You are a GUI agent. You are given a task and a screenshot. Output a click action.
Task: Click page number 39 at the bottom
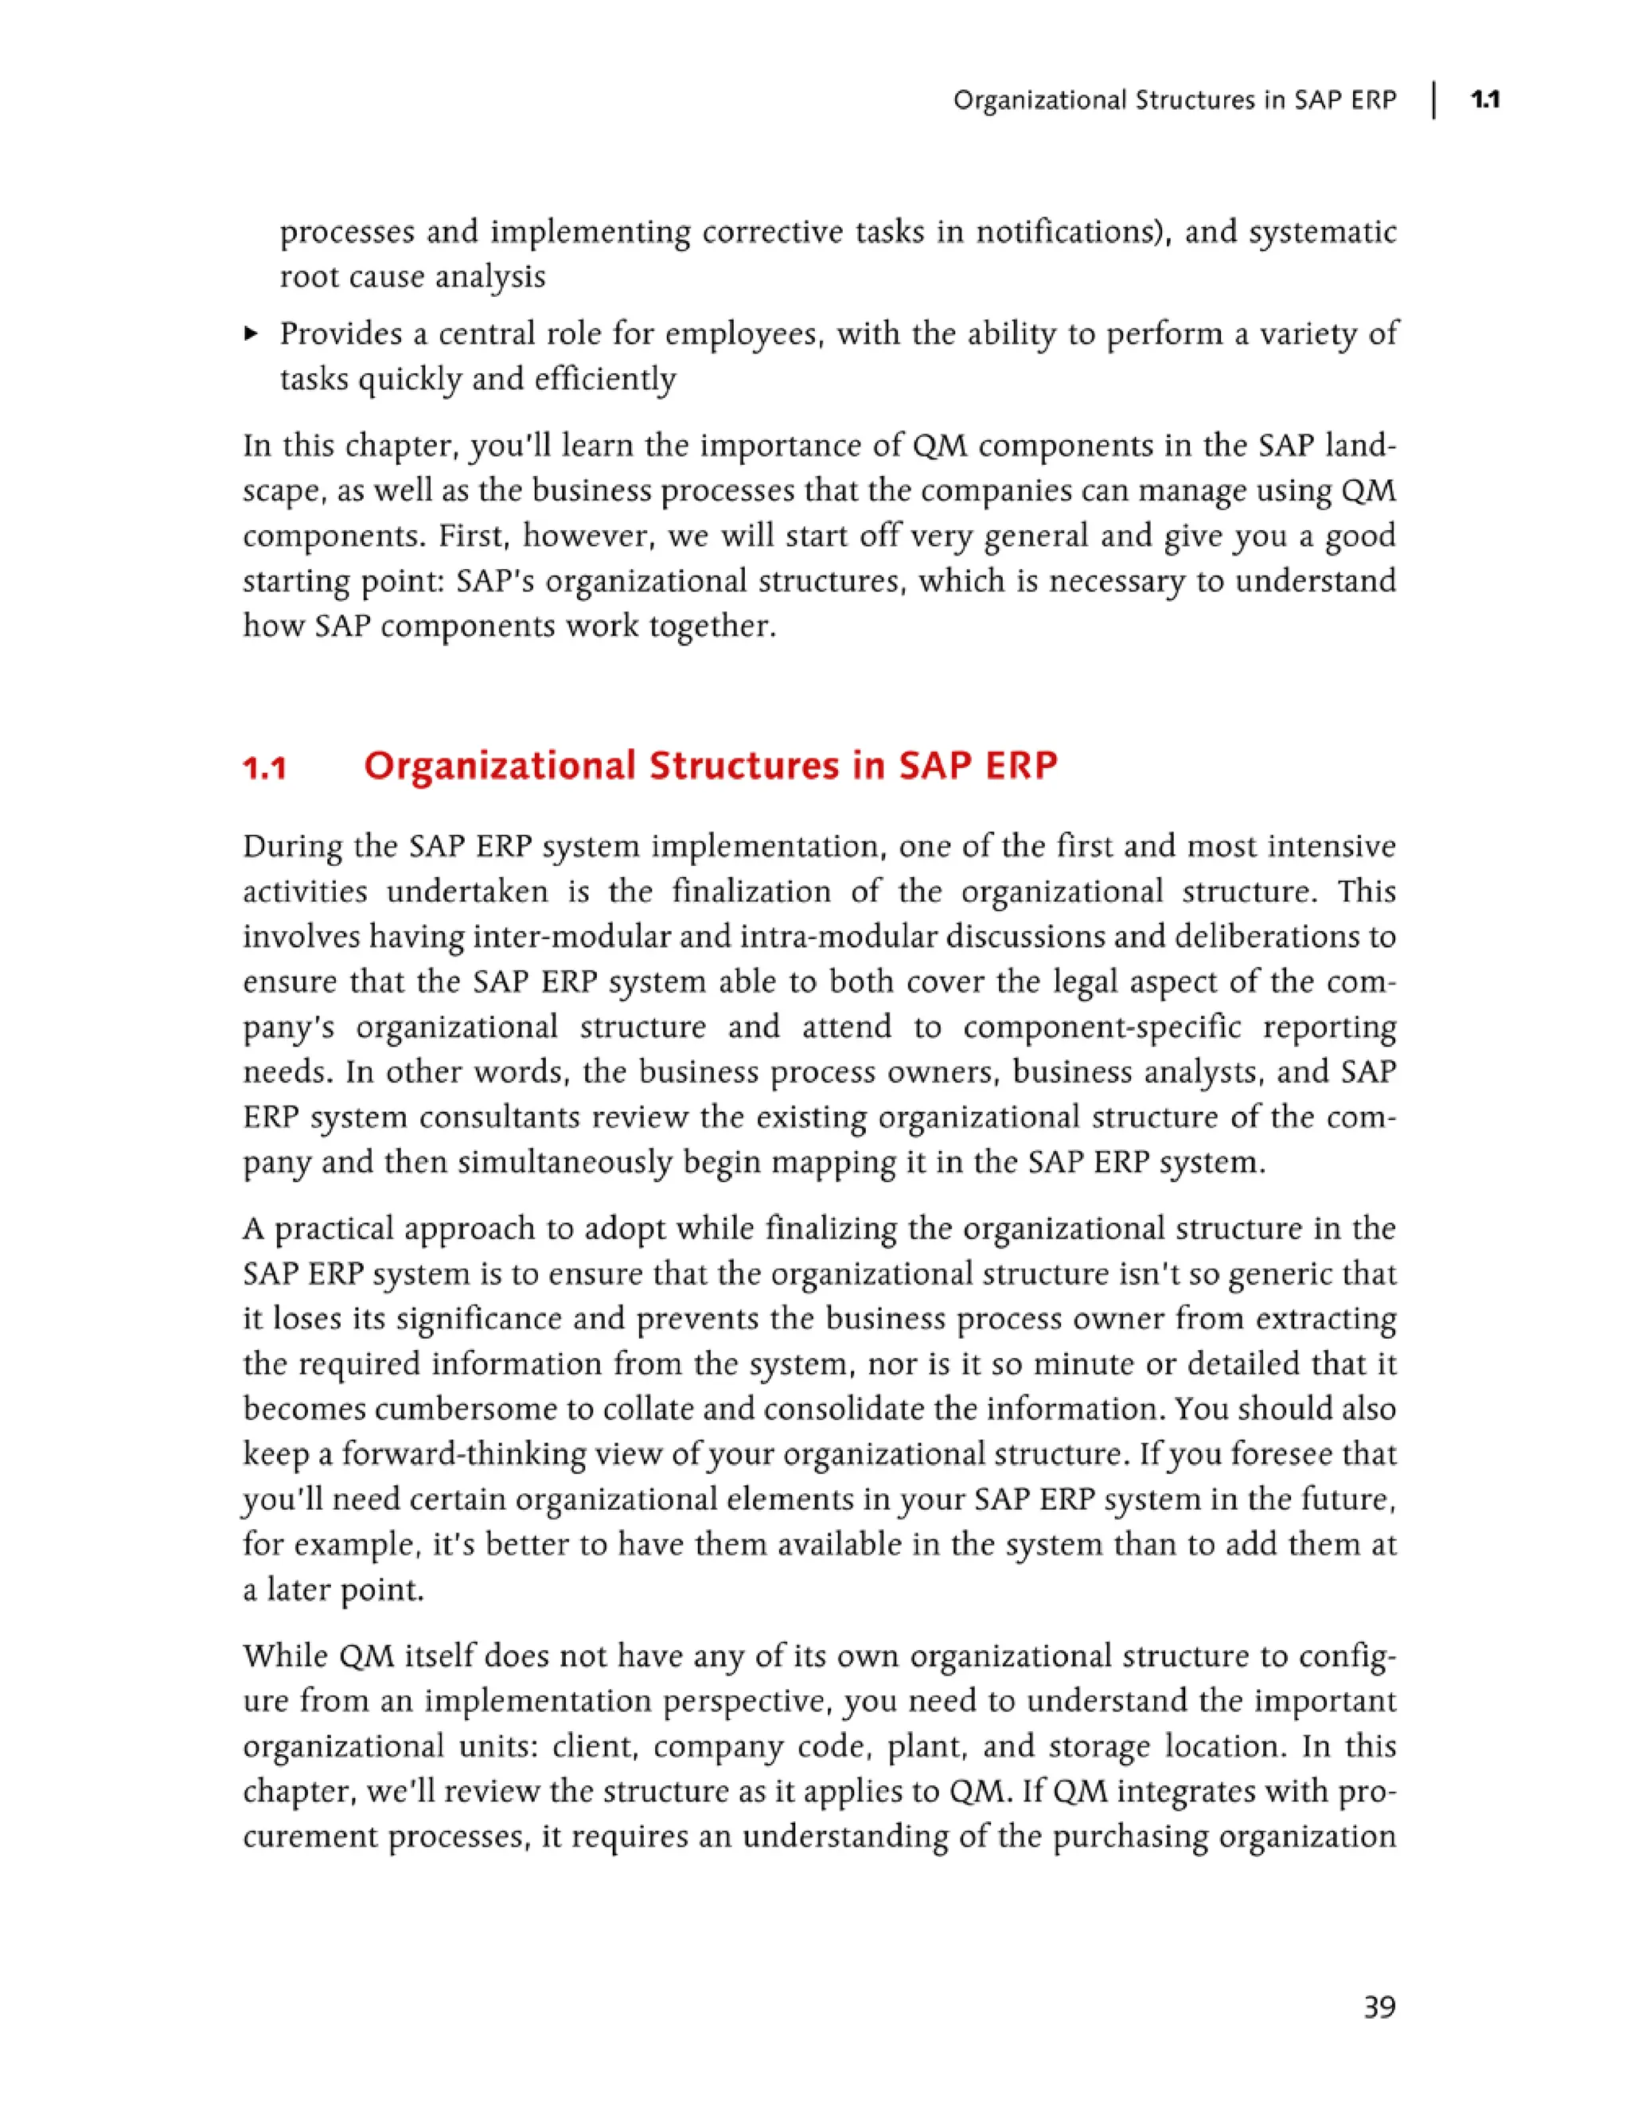[1378, 2007]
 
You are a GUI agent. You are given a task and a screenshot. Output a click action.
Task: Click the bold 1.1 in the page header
[1485, 100]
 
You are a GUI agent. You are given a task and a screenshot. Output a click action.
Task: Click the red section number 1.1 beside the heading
[265, 769]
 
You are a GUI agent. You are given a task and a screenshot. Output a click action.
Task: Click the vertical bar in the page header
[1434, 100]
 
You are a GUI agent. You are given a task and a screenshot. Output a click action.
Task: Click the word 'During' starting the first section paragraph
[292, 846]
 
